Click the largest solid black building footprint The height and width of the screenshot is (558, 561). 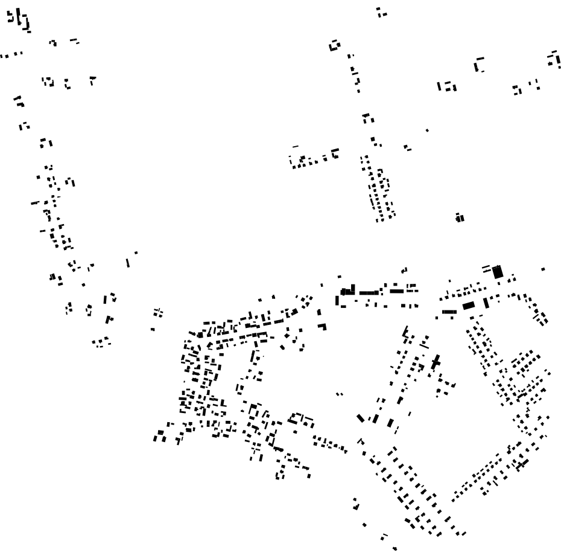[x=497, y=272]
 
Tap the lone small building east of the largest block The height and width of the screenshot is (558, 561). [x=543, y=269]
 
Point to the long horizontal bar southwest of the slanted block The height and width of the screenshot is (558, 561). [x=449, y=312]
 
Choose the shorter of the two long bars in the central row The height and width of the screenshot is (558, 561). [x=396, y=291]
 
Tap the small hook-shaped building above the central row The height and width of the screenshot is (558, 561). [x=404, y=270]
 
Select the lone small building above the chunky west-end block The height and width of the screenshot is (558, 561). [x=339, y=277]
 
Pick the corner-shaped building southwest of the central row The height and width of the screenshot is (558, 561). [x=323, y=327]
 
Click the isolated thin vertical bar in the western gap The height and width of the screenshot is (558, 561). [x=127, y=262]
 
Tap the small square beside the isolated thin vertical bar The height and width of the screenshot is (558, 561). [x=136, y=252]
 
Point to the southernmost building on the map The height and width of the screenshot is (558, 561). [x=395, y=548]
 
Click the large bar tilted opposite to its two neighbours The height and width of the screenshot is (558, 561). [x=361, y=417]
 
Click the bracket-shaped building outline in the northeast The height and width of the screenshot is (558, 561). [x=478, y=64]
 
